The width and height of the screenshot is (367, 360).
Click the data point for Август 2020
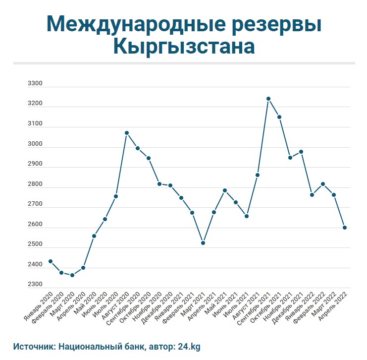pos(127,133)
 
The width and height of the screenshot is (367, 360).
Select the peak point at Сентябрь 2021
pos(268,99)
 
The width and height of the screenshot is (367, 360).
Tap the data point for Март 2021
pos(203,243)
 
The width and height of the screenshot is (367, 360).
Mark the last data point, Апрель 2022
pos(345,228)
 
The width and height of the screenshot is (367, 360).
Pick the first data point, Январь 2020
pos(51,261)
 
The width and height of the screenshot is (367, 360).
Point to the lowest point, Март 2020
pos(72,275)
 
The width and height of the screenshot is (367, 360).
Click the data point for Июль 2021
pos(247,216)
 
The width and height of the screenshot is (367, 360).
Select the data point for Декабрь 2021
pos(301,152)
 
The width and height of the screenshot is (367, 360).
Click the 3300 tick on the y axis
pos(36,84)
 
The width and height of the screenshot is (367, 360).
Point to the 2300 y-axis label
pos(36,285)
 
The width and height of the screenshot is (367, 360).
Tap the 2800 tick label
pos(36,184)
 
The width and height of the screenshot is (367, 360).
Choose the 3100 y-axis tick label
pos(36,124)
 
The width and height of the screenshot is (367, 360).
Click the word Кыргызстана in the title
pos(184,47)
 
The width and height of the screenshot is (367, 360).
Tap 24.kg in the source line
pos(188,347)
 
